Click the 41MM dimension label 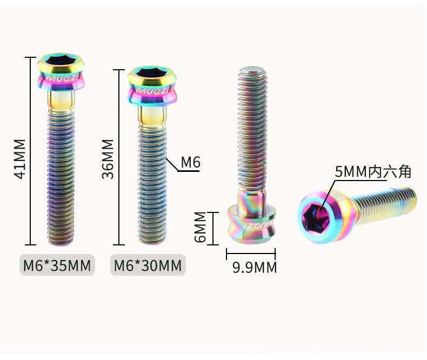click(20, 159)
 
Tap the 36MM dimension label click(108, 159)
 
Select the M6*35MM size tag click(57, 265)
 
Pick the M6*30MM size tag click(148, 265)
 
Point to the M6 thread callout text click(191, 162)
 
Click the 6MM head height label click(201, 227)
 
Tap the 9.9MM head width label click(255, 268)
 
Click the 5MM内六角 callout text click(373, 171)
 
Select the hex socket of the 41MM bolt click(59, 60)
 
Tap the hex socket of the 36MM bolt click(150, 72)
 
